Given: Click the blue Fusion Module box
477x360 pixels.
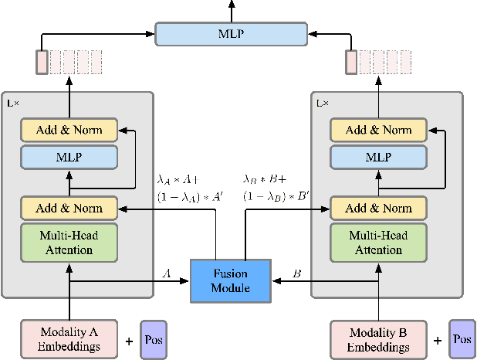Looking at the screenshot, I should point(231,281).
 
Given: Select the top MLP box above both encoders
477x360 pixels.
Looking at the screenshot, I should point(231,33).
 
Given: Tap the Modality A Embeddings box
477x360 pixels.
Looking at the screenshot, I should point(69,340).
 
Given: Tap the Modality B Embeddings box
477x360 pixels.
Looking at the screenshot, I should point(378,340).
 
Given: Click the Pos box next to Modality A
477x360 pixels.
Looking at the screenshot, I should point(153,340).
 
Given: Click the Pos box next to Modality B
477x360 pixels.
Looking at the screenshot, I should point(462,340).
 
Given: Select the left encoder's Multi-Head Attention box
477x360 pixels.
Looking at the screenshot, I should point(69,243).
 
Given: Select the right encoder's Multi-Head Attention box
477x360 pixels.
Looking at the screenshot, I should point(378,243).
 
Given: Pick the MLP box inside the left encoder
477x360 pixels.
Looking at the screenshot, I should point(69,157).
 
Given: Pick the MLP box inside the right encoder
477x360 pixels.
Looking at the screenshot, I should point(378,157).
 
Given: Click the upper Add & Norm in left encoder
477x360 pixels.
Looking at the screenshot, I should point(69,129).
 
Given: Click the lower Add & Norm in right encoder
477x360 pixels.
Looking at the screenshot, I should point(378,208).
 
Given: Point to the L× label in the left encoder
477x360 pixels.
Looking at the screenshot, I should point(13,102).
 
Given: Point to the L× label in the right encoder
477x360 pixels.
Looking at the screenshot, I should point(323,102).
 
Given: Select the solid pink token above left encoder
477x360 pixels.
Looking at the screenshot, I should point(42,62).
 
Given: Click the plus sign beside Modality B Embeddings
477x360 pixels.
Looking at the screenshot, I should point(438,340).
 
